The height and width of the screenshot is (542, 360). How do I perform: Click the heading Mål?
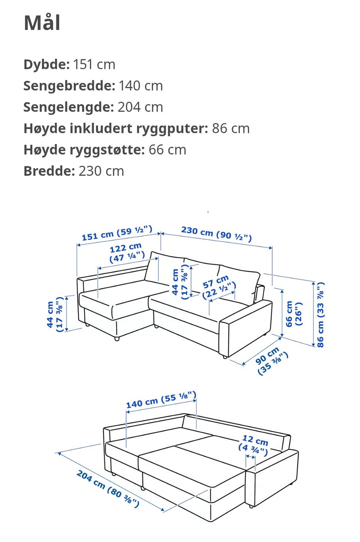click(x=42, y=23)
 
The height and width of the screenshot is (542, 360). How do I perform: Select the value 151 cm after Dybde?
click(x=94, y=65)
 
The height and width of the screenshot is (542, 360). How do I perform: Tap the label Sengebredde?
click(x=69, y=86)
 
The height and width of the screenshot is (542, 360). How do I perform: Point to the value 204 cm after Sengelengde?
click(x=140, y=107)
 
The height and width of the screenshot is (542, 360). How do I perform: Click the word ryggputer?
click(x=172, y=129)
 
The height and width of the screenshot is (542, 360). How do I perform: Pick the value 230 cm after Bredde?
click(x=101, y=171)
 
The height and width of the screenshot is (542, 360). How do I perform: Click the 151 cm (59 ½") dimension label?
click(x=117, y=233)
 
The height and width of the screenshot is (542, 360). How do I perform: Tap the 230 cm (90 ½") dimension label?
click(x=216, y=234)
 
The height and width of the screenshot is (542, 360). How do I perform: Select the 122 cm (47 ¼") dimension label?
click(x=127, y=252)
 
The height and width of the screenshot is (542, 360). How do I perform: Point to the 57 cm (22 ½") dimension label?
click(x=219, y=287)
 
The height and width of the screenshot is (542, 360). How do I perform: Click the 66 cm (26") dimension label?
click(x=294, y=314)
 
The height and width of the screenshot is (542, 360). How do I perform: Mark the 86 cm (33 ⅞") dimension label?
click(x=320, y=315)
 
